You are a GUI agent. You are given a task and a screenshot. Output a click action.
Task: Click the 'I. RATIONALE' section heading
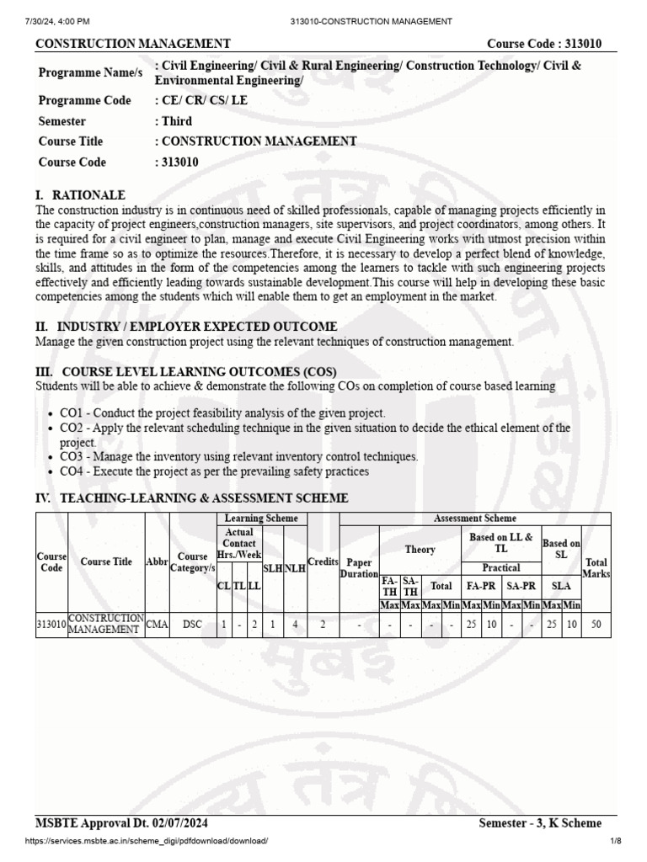click(80, 194)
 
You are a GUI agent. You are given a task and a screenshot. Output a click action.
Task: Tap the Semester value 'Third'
click(177, 121)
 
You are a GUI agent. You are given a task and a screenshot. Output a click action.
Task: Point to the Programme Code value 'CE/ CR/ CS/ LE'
click(201, 101)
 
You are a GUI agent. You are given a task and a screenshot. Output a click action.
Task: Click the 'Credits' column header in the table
click(323, 561)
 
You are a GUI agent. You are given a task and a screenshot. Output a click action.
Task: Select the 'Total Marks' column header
click(596, 567)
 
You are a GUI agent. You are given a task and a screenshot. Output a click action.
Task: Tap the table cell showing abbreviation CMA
click(158, 624)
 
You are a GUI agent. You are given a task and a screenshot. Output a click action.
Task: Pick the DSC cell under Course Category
click(193, 624)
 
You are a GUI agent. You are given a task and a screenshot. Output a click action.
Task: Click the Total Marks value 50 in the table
click(596, 624)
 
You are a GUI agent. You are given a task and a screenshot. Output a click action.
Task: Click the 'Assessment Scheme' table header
click(474, 519)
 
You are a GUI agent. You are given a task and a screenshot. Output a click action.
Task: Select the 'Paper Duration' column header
click(359, 567)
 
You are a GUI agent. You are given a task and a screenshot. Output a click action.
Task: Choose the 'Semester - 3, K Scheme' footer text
click(540, 822)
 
